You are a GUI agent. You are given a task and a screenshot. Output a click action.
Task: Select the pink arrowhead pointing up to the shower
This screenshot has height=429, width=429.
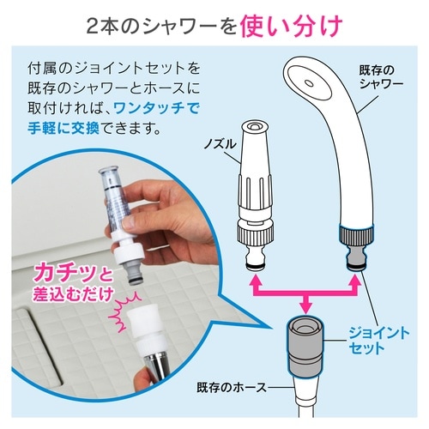(x=355, y=281)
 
